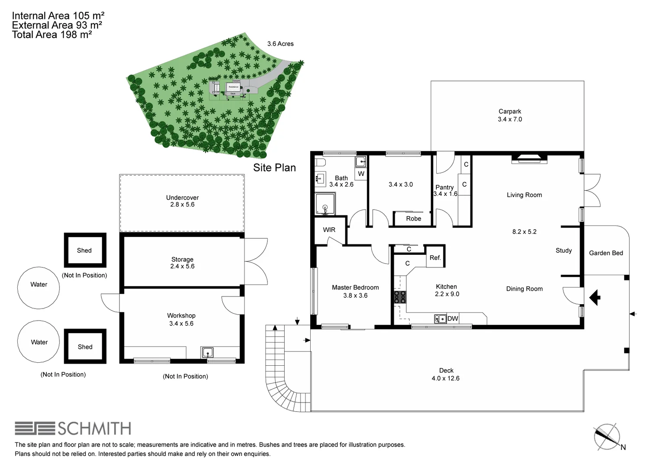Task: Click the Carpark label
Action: coord(509,111)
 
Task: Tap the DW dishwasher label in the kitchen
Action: coord(453,318)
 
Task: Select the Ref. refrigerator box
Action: coord(435,257)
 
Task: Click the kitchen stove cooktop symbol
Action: coord(399,297)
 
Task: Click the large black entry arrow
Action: coord(595,298)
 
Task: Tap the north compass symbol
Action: coord(607,436)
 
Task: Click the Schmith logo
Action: coord(73,429)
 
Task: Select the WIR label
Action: coord(329,230)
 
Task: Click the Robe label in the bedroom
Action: coord(413,218)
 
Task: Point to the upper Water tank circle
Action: coord(39,288)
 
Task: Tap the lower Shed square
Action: coord(85,346)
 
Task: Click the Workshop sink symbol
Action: coord(207,352)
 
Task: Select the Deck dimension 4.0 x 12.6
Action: coord(445,378)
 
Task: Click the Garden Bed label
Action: coord(606,253)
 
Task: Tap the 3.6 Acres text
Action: coord(280,44)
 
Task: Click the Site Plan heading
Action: coord(274,168)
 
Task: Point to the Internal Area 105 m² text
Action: coord(58,16)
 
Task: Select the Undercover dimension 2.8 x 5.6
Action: coord(182,205)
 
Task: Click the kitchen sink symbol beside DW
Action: coord(440,319)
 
